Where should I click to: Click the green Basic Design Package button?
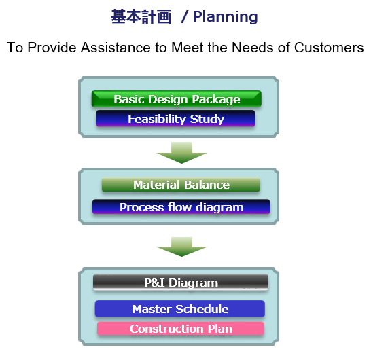(x=177, y=98)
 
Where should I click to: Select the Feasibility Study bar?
(x=175, y=118)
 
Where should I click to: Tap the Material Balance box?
(x=181, y=185)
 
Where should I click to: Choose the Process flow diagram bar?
(x=181, y=207)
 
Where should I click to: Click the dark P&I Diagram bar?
(x=181, y=282)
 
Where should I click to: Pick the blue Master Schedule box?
(x=180, y=308)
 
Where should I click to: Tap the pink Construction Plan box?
(x=181, y=329)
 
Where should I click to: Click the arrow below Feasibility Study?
(x=181, y=153)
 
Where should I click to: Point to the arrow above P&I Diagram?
(x=181, y=247)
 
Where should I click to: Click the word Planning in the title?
(x=226, y=17)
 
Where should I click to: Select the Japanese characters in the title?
(x=141, y=17)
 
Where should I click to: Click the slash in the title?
(x=184, y=17)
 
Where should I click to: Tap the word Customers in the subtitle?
(x=329, y=48)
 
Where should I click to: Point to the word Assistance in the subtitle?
(x=116, y=48)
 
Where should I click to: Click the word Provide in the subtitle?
(x=52, y=48)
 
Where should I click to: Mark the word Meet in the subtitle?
(x=188, y=48)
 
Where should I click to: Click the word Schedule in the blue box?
(x=202, y=309)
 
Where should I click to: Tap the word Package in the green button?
(x=216, y=99)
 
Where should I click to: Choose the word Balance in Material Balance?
(x=207, y=185)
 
